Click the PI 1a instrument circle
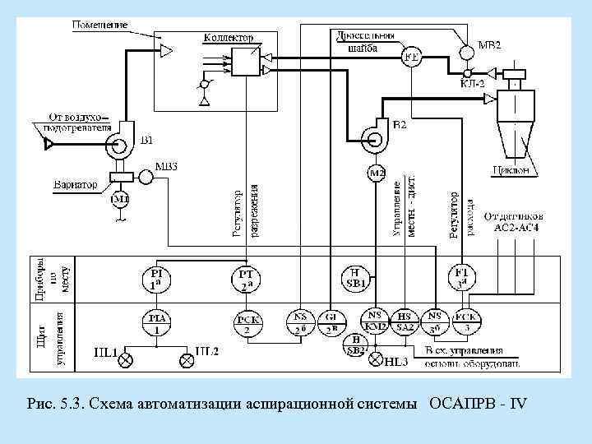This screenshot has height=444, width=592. point(156,280)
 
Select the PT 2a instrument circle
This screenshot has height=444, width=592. point(247,280)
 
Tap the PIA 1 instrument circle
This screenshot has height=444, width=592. point(156,321)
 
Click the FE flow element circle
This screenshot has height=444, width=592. point(411,56)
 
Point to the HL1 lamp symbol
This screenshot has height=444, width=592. point(126,359)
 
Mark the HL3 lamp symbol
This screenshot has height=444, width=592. point(376,360)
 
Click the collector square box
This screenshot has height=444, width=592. point(245,62)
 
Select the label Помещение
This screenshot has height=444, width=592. point(99,25)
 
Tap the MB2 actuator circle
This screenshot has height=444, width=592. point(466,49)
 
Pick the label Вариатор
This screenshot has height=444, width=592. point(76,184)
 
